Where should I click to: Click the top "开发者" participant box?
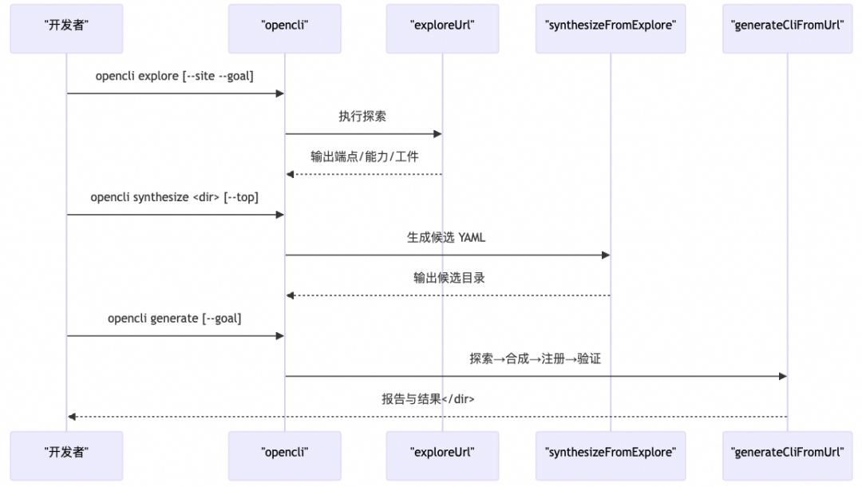click(66, 25)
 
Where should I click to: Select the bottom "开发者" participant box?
click(66, 452)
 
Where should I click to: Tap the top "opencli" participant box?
click(285, 25)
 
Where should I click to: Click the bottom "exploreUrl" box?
click(442, 452)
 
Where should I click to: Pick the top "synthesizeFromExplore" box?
click(611, 25)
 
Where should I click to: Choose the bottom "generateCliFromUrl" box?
click(787, 452)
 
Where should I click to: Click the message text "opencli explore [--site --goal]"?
click(175, 77)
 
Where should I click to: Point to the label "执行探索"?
click(363, 117)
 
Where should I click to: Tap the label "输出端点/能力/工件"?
click(364, 157)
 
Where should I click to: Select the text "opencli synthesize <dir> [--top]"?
click(175, 197)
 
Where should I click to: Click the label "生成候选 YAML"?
click(446, 238)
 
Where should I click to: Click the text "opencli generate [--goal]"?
click(175, 319)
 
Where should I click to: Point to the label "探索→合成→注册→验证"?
click(535, 359)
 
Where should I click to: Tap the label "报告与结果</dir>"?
click(428, 399)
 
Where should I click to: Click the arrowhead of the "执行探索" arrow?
click(437, 134)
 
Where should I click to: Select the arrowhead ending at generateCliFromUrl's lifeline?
click(782, 376)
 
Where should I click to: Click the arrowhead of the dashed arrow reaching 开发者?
click(72, 417)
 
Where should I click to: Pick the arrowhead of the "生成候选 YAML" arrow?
click(606, 255)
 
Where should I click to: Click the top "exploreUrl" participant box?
click(442, 25)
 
